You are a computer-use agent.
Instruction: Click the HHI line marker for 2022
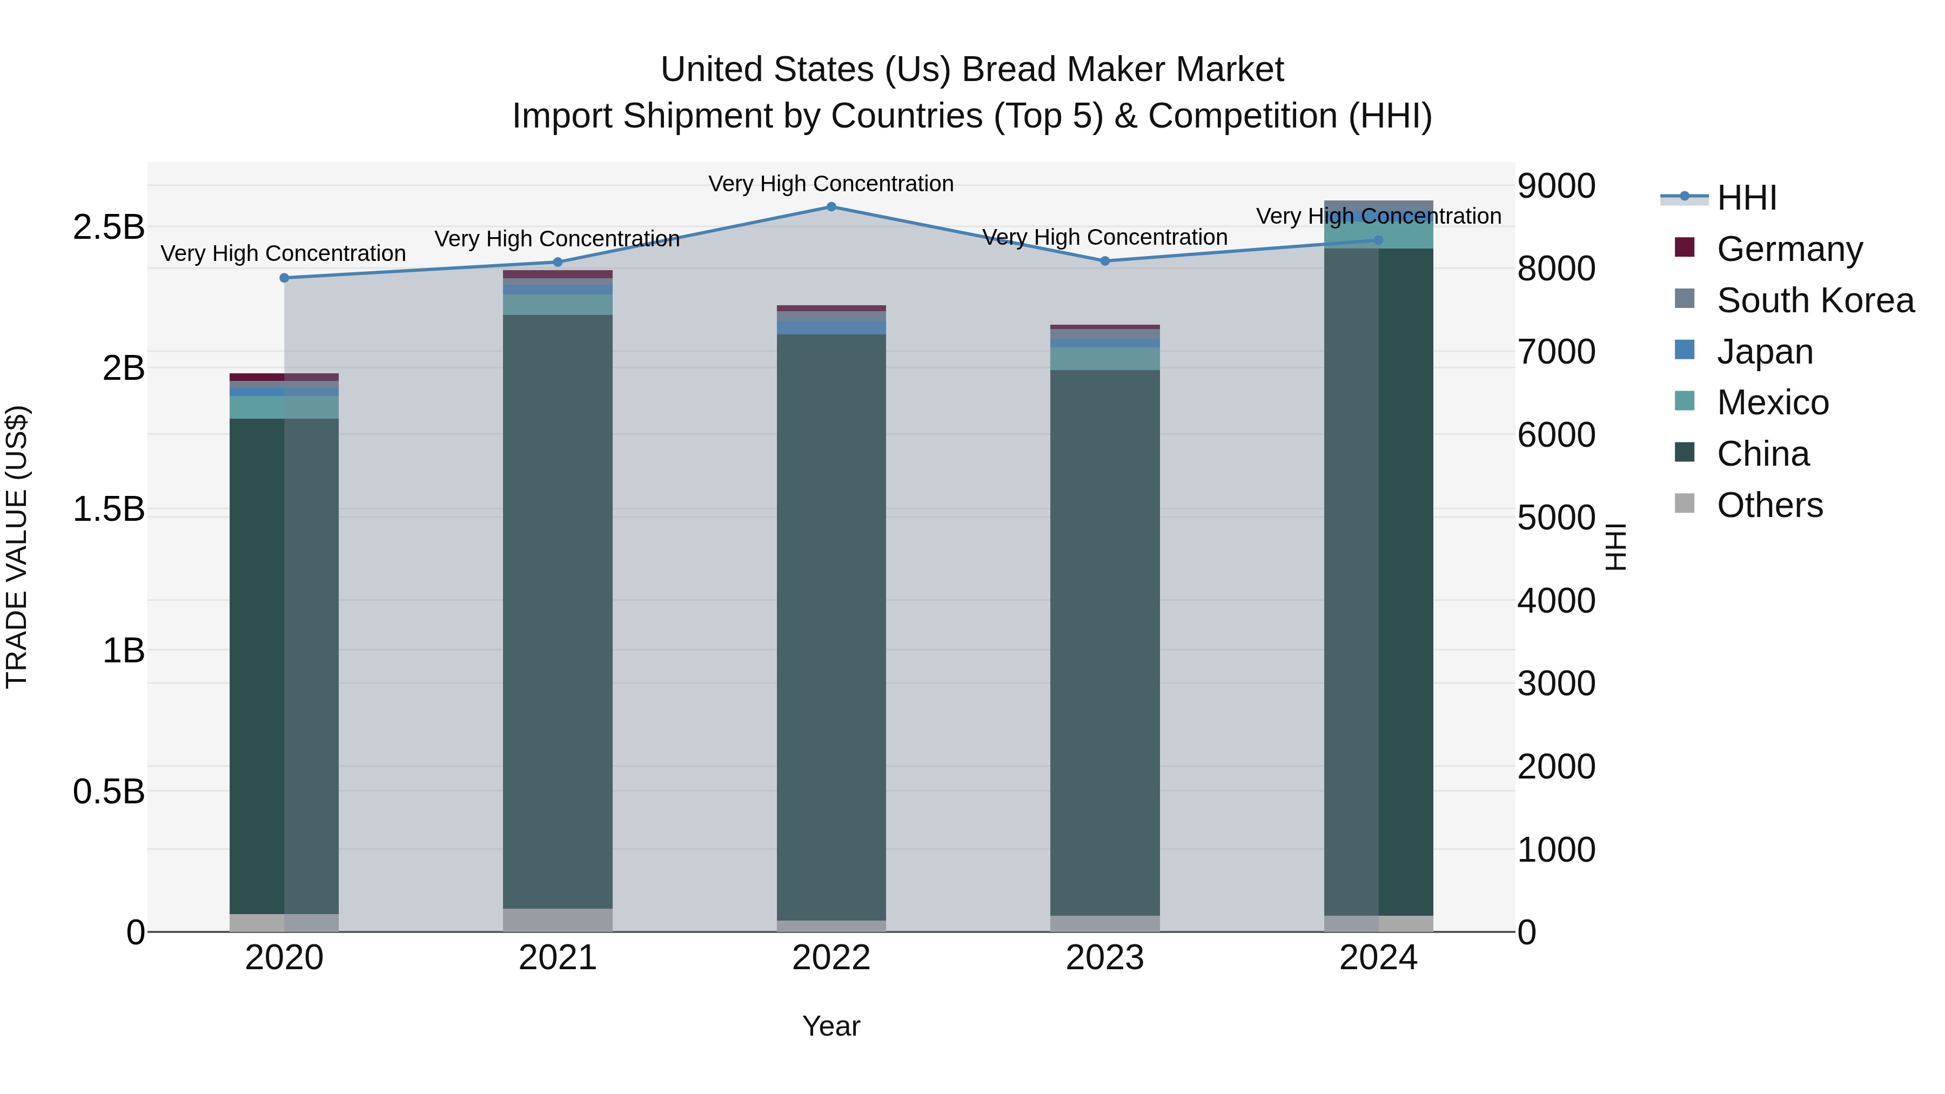tap(831, 207)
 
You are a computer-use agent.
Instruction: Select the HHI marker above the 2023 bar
tap(1105, 261)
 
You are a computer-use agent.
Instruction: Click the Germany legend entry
tap(1789, 249)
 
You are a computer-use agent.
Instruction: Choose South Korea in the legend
tap(1815, 300)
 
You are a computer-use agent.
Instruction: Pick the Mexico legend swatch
tap(1685, 401)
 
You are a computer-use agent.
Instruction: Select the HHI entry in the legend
tap(1746, 198)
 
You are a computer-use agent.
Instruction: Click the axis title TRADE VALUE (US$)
tap(17, 547)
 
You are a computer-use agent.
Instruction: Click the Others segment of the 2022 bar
tap(831, 927)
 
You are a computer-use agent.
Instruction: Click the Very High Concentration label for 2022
tap(831, 184)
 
